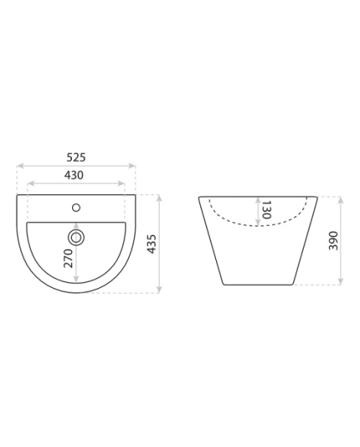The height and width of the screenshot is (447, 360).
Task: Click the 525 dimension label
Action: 76,157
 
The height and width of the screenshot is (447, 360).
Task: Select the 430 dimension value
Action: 73,175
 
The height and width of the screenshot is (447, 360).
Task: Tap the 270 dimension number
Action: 68,258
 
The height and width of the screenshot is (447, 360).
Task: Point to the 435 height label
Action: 151,244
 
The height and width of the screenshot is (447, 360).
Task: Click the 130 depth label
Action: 266,210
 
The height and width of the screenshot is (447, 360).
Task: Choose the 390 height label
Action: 333,241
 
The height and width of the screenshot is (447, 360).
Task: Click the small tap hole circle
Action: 76,208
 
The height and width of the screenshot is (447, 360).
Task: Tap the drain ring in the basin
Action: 76,237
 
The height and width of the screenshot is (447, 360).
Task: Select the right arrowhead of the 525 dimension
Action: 132,166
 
